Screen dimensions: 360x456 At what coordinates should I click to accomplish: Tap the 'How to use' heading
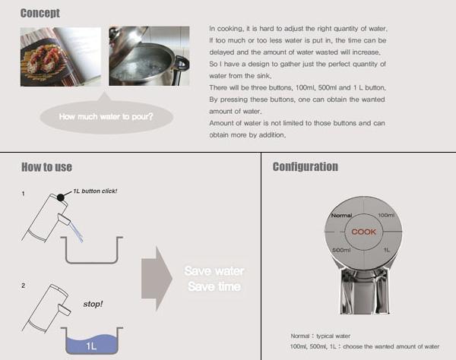click(x=46, y=166)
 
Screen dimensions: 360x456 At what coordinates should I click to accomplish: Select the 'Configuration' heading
click(x=305, y=166)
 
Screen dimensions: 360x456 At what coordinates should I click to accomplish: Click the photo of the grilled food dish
click(x=60, y=57)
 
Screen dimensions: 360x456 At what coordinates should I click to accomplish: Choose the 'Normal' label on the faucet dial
click(x=340, y=216)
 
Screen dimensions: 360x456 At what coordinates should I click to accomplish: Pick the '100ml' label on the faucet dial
click(x=386, y=216)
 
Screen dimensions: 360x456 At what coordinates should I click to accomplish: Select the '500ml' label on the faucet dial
click(x=341, y=250)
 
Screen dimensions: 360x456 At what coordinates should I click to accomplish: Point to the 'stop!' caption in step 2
click(x=93, y=303)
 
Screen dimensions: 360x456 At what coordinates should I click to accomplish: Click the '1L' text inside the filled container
click(x=91, y=346)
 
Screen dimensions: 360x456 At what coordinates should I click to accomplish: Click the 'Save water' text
click(x=214, y=270)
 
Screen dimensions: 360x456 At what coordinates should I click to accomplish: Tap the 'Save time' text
click(x=214, y=286)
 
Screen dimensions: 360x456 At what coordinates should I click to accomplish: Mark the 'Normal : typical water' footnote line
click(x=322, y=335)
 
